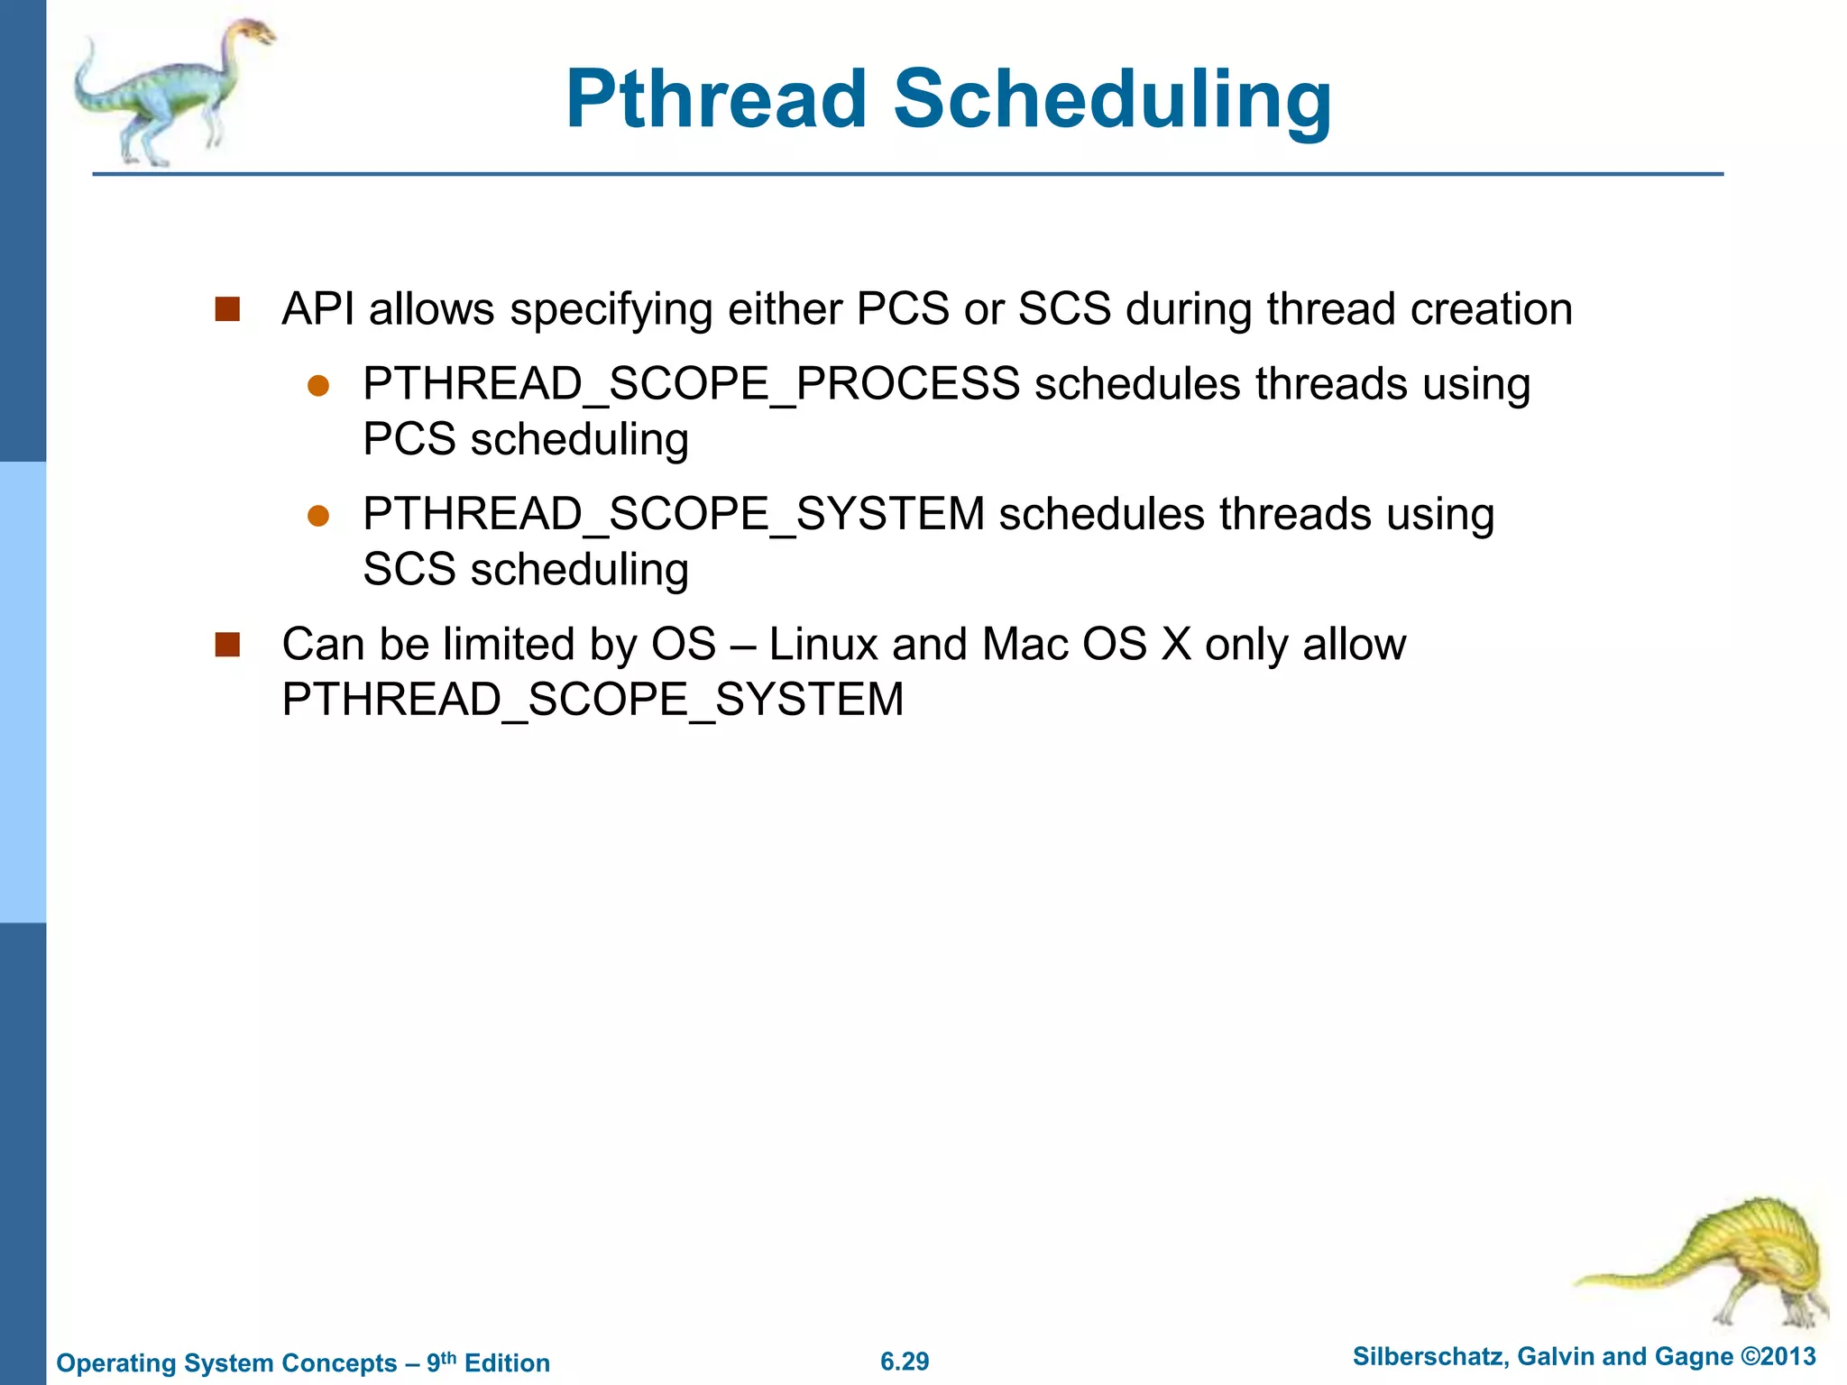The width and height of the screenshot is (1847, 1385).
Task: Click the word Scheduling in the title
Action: pyautogui.click(x=1111, y=101)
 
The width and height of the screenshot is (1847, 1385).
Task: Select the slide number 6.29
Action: pyautogui.click(x=905, y=1362)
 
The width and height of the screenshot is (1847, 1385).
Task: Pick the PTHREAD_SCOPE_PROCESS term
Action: pyautogui.click(x=691, y=384)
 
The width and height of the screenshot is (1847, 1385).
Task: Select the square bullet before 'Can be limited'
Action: pyautogui.click(x=227, y=645)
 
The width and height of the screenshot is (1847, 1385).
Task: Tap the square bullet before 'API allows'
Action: pyautogui.click(x=227, y=309)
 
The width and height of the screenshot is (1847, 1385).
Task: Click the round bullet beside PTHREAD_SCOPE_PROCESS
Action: pyautogui.click(x=318, y=386)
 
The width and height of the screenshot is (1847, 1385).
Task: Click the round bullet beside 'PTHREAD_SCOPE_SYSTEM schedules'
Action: pyautogui.click(x=318, y=516)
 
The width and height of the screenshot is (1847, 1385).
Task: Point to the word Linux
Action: pyautogui.click(x=822, y=645)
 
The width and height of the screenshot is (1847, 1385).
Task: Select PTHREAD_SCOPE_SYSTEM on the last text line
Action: pyautogui.click(x=593, y=701)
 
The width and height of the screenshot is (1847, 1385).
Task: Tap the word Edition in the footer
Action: pyautogui.click(x=507, y=1362)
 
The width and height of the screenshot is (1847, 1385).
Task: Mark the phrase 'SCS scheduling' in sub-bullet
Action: pyautogui.click(x=526, y=570)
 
